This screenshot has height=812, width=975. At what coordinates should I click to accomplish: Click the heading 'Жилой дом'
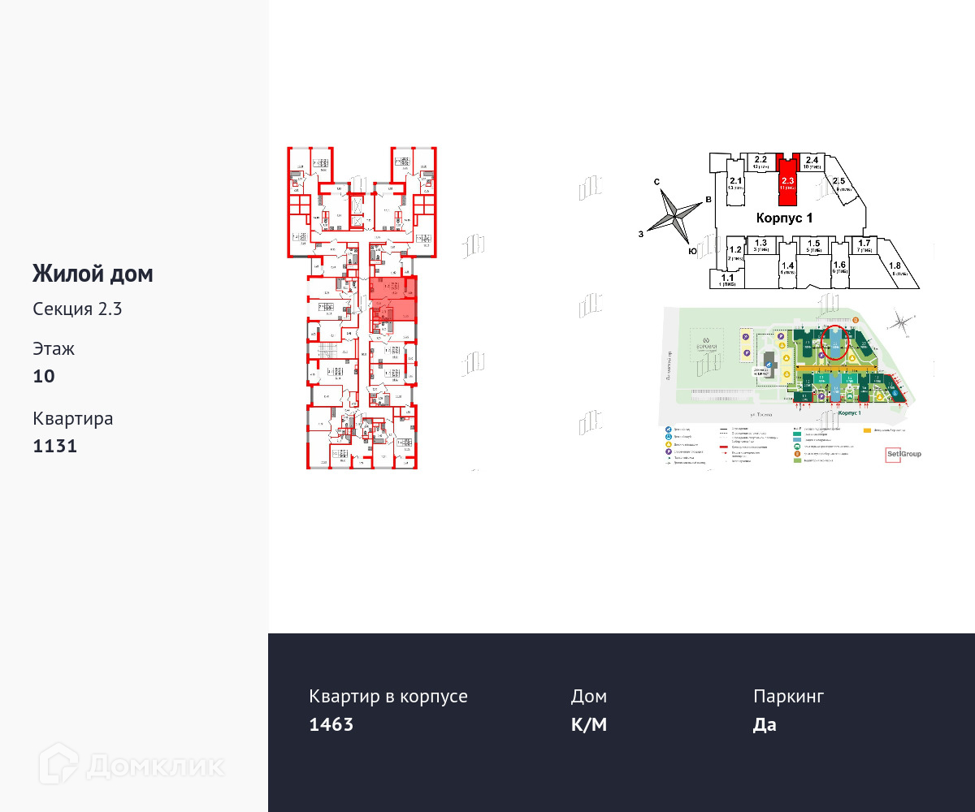[x=93, y=274]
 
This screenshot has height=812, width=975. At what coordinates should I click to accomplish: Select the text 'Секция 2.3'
[x=77, y=309]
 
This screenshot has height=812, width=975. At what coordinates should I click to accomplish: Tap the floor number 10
[x=44, y=376]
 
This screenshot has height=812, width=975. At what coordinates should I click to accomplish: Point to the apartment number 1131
[x=55, y=446]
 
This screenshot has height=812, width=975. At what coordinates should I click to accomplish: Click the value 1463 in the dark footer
[x=331, y=724]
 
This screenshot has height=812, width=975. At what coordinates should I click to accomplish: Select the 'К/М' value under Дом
[x=589, y=724]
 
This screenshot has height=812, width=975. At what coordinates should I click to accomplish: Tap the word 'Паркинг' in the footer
[x=788, y=696]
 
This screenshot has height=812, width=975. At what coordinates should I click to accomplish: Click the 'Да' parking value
[x=765, y=724]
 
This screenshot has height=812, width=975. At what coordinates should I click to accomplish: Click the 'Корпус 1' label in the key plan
[x=784, y=218]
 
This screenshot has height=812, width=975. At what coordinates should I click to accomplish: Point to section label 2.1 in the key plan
[x=736, y=181]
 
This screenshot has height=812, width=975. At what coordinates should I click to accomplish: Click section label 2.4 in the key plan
[x=812, y=160]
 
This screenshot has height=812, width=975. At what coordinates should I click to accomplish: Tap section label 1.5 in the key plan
[x=812, y=244]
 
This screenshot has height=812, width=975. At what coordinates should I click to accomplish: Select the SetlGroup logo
[x=903, y=455]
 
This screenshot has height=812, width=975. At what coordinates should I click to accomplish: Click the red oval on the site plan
[x=836, y=342]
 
